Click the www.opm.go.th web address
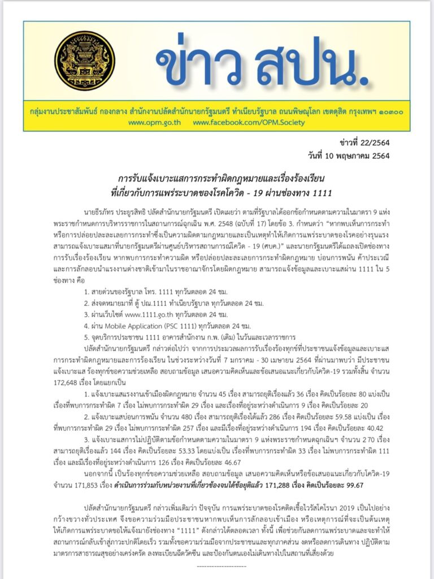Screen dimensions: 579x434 151,123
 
